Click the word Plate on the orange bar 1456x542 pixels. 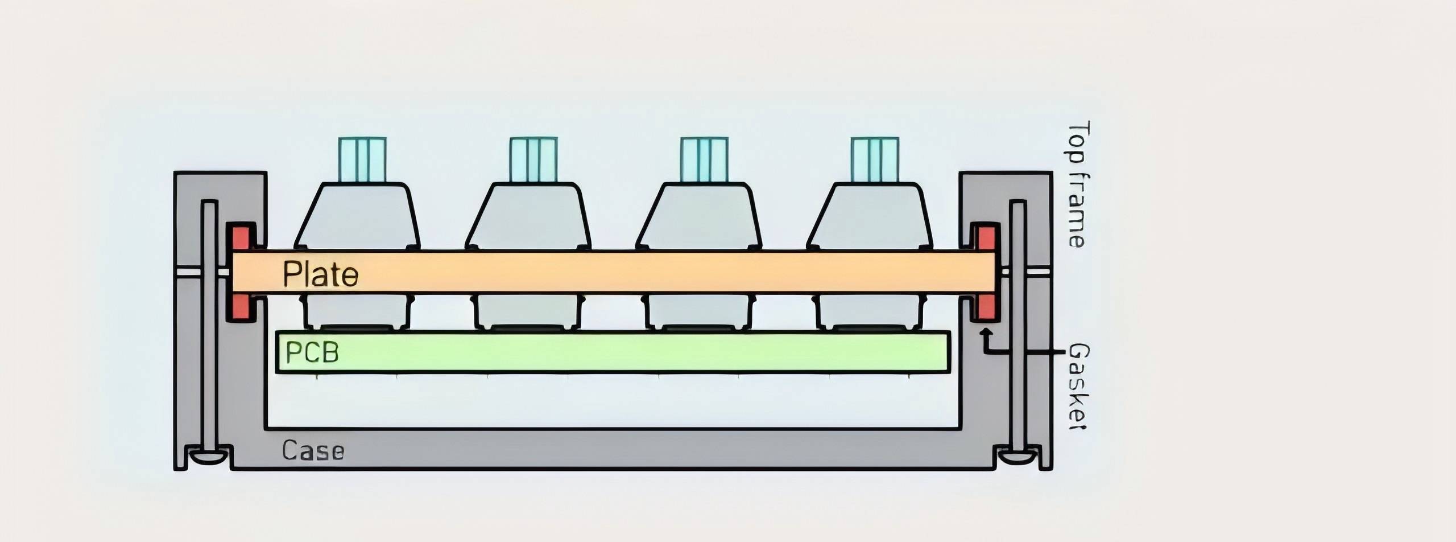pyautogui.click(x=321, y=274)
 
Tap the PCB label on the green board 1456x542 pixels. pyautogui.click(x=312, y=352)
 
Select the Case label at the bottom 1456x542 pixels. pyautogui.click(x=313, y=451)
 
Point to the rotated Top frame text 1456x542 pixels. pyautogui.click(x=1077, y=184)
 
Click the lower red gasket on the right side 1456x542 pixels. pyautogui.click(x=986, y=309)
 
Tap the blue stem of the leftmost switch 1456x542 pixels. pyautogui.click(x=362, y=160)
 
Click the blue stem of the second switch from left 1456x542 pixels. pyautogui.click(x=533, y=160)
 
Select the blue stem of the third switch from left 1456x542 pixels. pyautogui.click(x=704, y=160)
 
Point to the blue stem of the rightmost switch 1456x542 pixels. pyautogui.click(x=875, y=160)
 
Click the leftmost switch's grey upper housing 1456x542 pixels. pyautogui.click(x=358, y=216)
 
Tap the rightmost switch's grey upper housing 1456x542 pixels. pyautogui.click(x=870, y=216)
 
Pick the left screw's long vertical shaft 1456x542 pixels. pyautogui.click(x=209, y=325)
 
